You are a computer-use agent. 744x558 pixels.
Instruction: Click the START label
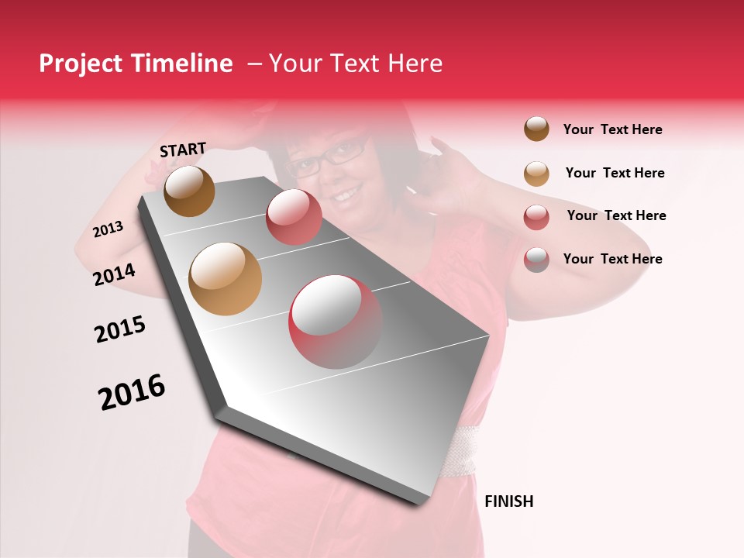(x=183, y=150)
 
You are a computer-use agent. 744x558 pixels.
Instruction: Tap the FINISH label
(x=508, y=501)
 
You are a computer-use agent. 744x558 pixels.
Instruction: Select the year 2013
(x=108, y=229)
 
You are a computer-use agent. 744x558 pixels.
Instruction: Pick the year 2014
(x=114, y=274)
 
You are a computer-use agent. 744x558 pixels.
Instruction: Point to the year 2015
(x=120, y=329)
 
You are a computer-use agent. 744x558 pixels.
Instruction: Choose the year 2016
(x=132, y=392)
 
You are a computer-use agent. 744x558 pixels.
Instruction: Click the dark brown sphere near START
(x=189, y=191)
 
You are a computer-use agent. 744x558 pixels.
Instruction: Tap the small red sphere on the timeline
(x=293, y=216)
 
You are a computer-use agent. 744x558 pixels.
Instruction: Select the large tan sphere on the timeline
(x=225, y=279)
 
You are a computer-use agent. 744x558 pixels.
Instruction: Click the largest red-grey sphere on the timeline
(x=335, y=321)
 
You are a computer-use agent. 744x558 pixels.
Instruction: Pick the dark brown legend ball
(x=536, y=129)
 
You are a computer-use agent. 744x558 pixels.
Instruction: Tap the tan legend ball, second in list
(x=536, y=173)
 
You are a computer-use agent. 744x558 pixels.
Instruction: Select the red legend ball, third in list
(x=536, y=216)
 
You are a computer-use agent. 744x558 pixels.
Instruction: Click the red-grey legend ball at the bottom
(x=536, y=260)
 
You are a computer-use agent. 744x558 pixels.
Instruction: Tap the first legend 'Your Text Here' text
(x=612, y=129)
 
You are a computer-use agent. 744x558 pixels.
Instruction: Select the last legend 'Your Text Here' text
(x=612, y=259)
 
